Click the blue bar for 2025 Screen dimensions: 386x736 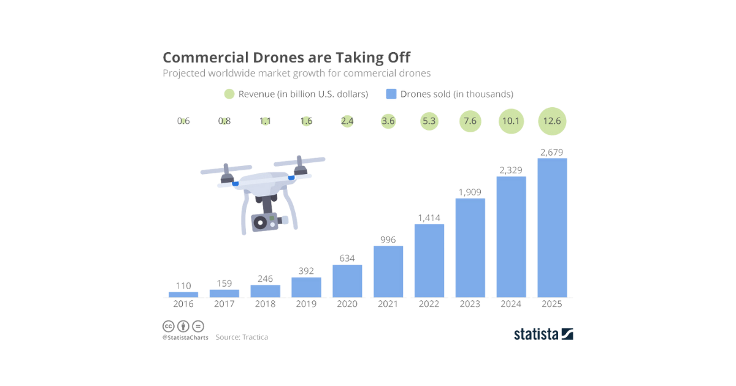tap(552, 228)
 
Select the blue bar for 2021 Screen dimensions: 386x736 tap(388, 271)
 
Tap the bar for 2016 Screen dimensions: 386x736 tap(183, 295)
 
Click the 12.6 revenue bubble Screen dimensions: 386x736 tap(552, 121)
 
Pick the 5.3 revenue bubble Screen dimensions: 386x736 tap(429, 121)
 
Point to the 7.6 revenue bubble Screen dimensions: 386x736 tap(470, 121)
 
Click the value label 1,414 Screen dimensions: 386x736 tap(429, 218)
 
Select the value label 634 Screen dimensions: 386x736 tap(347, 258)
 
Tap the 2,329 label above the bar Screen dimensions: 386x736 tap(511, 170)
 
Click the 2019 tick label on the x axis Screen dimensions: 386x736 tap(306, 304)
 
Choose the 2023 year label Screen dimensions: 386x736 tap(470, 304)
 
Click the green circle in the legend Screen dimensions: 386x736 tap(229, 94)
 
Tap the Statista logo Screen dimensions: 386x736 tap(543, 334)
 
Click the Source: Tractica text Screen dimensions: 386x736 tap(242, 337)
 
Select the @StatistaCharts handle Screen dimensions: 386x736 tap(185, 338)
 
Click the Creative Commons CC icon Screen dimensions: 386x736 tap(168, 326)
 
